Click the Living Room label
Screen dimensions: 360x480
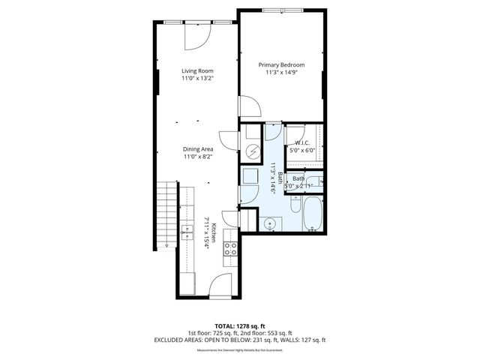click(196, 70)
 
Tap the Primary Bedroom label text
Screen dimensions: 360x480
click(281, 65)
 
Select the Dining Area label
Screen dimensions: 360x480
click(198, 149)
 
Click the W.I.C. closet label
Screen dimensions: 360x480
click(303, 142)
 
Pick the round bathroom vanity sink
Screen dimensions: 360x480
click(269, 223)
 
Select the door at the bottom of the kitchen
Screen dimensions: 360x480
click(221, 284)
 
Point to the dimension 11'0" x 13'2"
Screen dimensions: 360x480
click(198, 79)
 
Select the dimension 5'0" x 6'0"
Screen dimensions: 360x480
click(303, 150)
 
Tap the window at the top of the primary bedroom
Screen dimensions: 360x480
click(283, 10)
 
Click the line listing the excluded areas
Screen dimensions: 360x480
click(240, 340)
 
